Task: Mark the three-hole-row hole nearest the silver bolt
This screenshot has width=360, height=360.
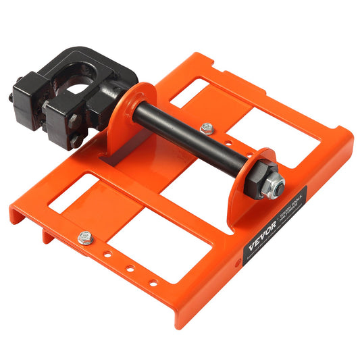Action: [x=106, y=256]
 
